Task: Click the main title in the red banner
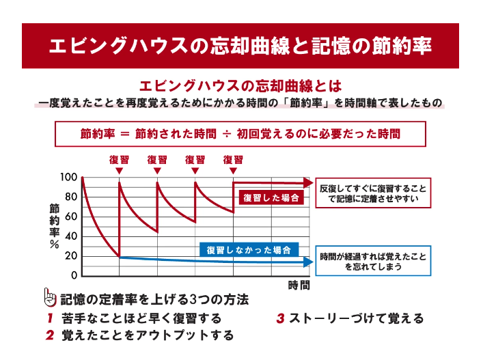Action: click(x=241, y=46)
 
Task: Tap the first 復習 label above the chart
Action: click(x=120, y=160)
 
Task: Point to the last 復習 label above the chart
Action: click(x=233, y=160)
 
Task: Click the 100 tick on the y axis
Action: click(x=69, y=178)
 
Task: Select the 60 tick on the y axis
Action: click(x=71, y=217)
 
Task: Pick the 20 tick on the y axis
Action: click(x=71, y=256)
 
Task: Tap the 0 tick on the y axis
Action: click(x=74, y=276)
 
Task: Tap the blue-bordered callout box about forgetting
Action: click(x=374, y=261)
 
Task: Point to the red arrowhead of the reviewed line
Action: click(x=307, y=182)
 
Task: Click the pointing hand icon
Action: click(x=49, y=298)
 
